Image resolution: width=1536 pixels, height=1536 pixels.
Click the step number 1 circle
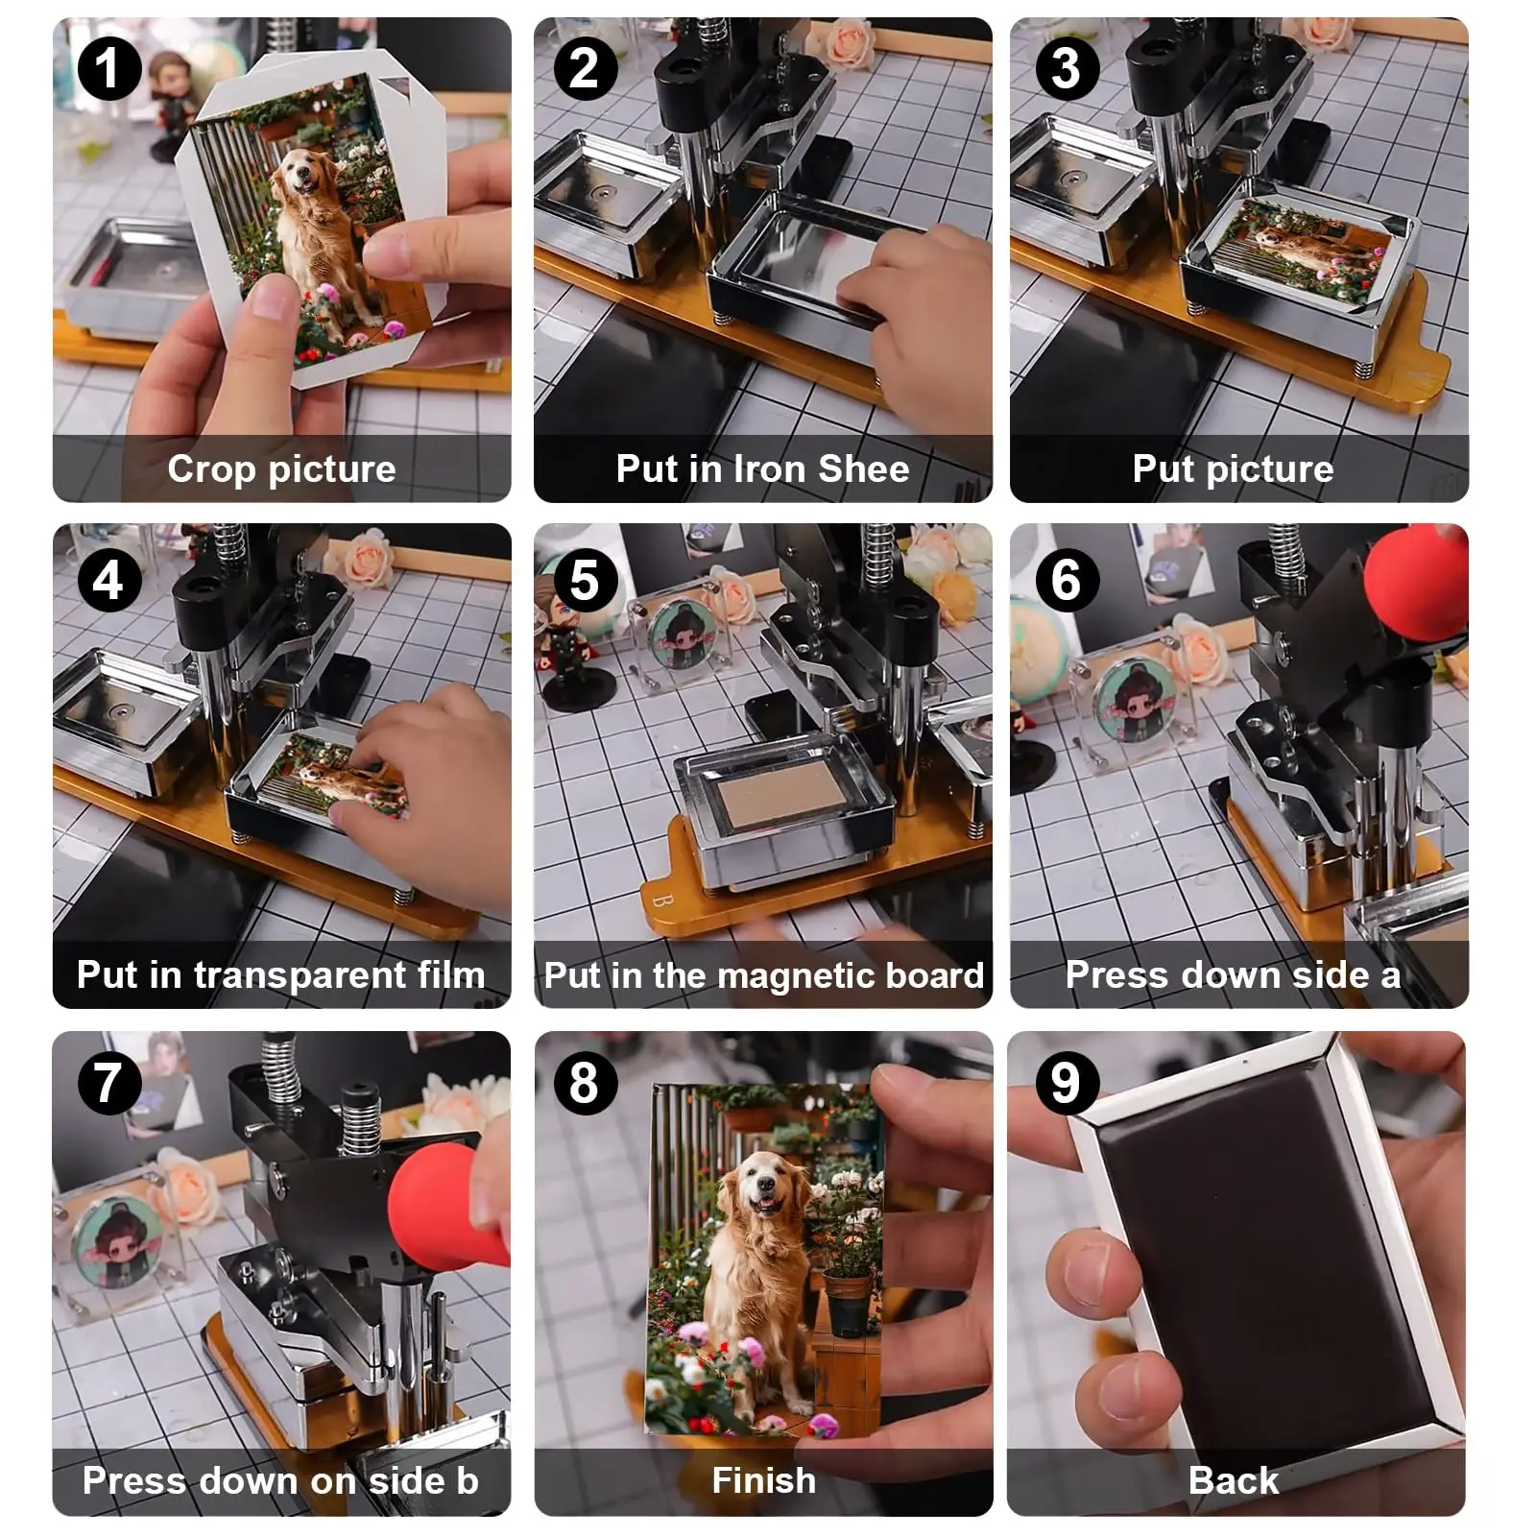[108, 69]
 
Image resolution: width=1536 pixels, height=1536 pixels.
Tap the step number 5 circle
[585, 580]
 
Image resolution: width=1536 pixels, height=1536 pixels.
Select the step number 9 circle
[1065, 1083]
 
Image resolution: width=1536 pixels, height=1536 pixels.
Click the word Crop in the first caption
[210, 469]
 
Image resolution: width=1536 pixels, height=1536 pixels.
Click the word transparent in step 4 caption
[300, 975]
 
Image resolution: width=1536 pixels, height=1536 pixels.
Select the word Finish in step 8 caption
[763, 1480]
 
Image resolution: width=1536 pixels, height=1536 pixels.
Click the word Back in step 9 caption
[1233, 1480]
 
